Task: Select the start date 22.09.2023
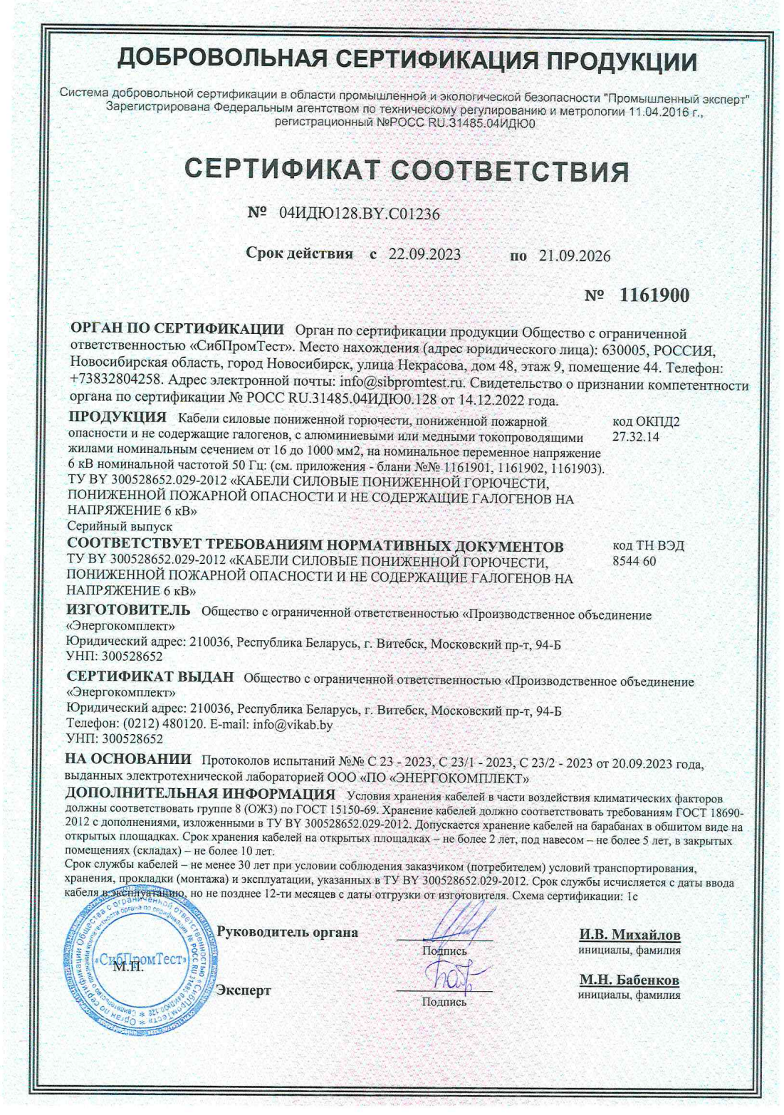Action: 424,255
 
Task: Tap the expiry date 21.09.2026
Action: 575,256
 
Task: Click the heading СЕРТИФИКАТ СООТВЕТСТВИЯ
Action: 407,170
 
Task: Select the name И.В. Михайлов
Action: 629,934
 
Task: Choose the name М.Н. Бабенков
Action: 629,980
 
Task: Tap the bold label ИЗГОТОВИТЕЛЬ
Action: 128,611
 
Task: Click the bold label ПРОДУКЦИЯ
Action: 117,417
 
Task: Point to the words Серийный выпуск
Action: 120,526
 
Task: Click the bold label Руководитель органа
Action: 287,932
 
